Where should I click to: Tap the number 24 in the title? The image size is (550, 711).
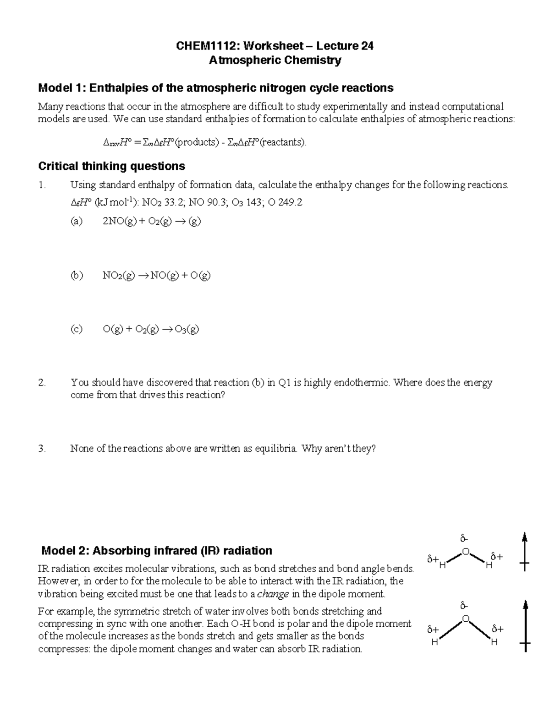pyautogui.click(x=367, y=46)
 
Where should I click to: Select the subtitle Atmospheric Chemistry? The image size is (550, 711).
pyautogui.click(x=275, y=60)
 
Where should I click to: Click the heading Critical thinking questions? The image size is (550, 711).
pyautogui.click(x=112, y=166)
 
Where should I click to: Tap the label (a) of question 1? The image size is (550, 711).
pyautogui.click(x=76, y=221)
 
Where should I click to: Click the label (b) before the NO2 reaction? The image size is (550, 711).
pyautogui.click(x=76, y=275)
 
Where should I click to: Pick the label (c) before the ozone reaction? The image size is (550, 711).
pyautogui.click(x=76, y=329)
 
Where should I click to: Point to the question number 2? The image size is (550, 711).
pyautogui.click(x=42, y=383)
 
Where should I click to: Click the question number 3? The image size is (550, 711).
pyautogui.click(x=42, y=449)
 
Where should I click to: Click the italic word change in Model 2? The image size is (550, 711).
pyautogui.click(x=273, y=594)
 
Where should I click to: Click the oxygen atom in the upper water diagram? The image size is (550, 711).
pyautogui.click(x=466, y=552)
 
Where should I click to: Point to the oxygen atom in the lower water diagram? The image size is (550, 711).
pyautogui.click(x=466, y=619)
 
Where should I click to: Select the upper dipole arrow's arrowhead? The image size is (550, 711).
pyautogui.click(x=525, y=537)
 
